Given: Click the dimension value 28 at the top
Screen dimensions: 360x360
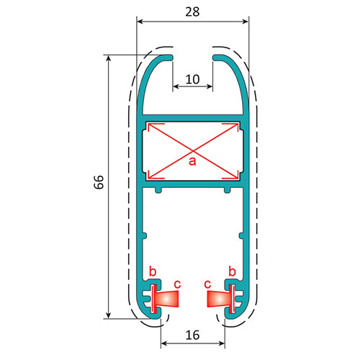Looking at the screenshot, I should (192, 12).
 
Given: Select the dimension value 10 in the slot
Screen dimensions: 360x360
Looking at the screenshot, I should (192, 78).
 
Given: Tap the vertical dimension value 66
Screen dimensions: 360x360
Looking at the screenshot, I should (99, 183).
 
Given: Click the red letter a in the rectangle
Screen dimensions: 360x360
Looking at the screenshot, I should (192, 161).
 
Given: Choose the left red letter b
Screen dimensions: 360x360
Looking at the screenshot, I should (152, 271).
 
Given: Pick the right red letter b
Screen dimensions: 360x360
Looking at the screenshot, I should (232, 271).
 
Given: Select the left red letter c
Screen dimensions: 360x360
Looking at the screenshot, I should (177, 284).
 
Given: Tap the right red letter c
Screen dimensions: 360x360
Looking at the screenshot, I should (207, 284).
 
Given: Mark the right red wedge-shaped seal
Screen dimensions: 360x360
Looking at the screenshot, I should (217, 297).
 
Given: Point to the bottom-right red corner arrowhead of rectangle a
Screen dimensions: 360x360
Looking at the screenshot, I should (236, 175).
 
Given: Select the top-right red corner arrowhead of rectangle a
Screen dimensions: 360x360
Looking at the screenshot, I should (236, 127).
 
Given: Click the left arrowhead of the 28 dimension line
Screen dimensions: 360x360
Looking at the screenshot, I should (140, 22).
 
